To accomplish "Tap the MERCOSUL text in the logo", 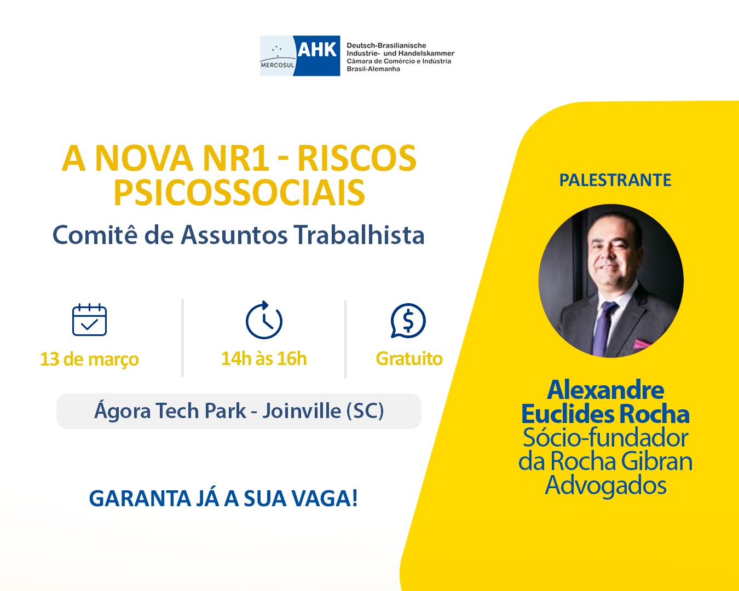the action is pos(278,65).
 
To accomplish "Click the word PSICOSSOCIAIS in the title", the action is pos(239,193).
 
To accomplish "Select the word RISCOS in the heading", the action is pos(357,158).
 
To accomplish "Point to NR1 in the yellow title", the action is pos(236,158).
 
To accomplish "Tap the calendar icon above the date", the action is pos(89,320).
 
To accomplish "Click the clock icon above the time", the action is pos(264,320).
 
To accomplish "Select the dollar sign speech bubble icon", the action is pos(408,320).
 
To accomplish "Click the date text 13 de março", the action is pos(89,359).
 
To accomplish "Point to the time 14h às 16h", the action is pos(264,359).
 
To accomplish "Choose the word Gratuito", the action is pos(409,359).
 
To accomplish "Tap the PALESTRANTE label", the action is pos(615,180).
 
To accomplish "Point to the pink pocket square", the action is pos(642,344).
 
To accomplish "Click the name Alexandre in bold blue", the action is pos(605,390).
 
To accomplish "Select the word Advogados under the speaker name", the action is pos(606,485).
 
